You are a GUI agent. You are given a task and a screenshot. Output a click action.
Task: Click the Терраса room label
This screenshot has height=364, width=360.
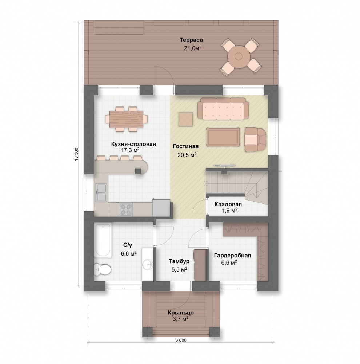pos(191,40)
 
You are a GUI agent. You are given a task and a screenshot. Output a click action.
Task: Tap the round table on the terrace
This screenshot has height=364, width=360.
pos(238,56)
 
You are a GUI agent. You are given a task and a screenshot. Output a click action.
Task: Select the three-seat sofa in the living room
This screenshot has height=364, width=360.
pos(223,108)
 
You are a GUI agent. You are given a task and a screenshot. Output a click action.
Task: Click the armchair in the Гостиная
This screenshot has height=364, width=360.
pos(255,139)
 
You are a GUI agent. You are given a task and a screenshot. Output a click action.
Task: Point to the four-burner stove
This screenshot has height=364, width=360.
pos(126,210)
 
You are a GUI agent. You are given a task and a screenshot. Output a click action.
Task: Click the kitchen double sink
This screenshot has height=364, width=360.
pos(101,193)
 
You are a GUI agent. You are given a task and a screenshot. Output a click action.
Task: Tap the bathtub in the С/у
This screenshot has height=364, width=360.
pos(103,240)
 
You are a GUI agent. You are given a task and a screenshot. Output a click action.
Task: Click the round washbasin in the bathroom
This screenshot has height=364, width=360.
pos(148,264)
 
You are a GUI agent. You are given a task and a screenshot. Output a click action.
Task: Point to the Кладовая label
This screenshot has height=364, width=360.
pos(228,204)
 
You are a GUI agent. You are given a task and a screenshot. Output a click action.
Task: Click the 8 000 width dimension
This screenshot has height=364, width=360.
pos(181,340)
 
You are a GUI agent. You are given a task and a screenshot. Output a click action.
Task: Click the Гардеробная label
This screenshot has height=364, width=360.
pos(232,256)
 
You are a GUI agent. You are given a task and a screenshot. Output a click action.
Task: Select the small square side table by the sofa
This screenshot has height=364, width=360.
pos(186,119)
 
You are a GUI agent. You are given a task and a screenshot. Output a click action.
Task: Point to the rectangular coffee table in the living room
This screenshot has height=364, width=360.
pos(223,137)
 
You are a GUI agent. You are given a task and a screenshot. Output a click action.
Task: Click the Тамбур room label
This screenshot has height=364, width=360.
pos(179,261)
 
